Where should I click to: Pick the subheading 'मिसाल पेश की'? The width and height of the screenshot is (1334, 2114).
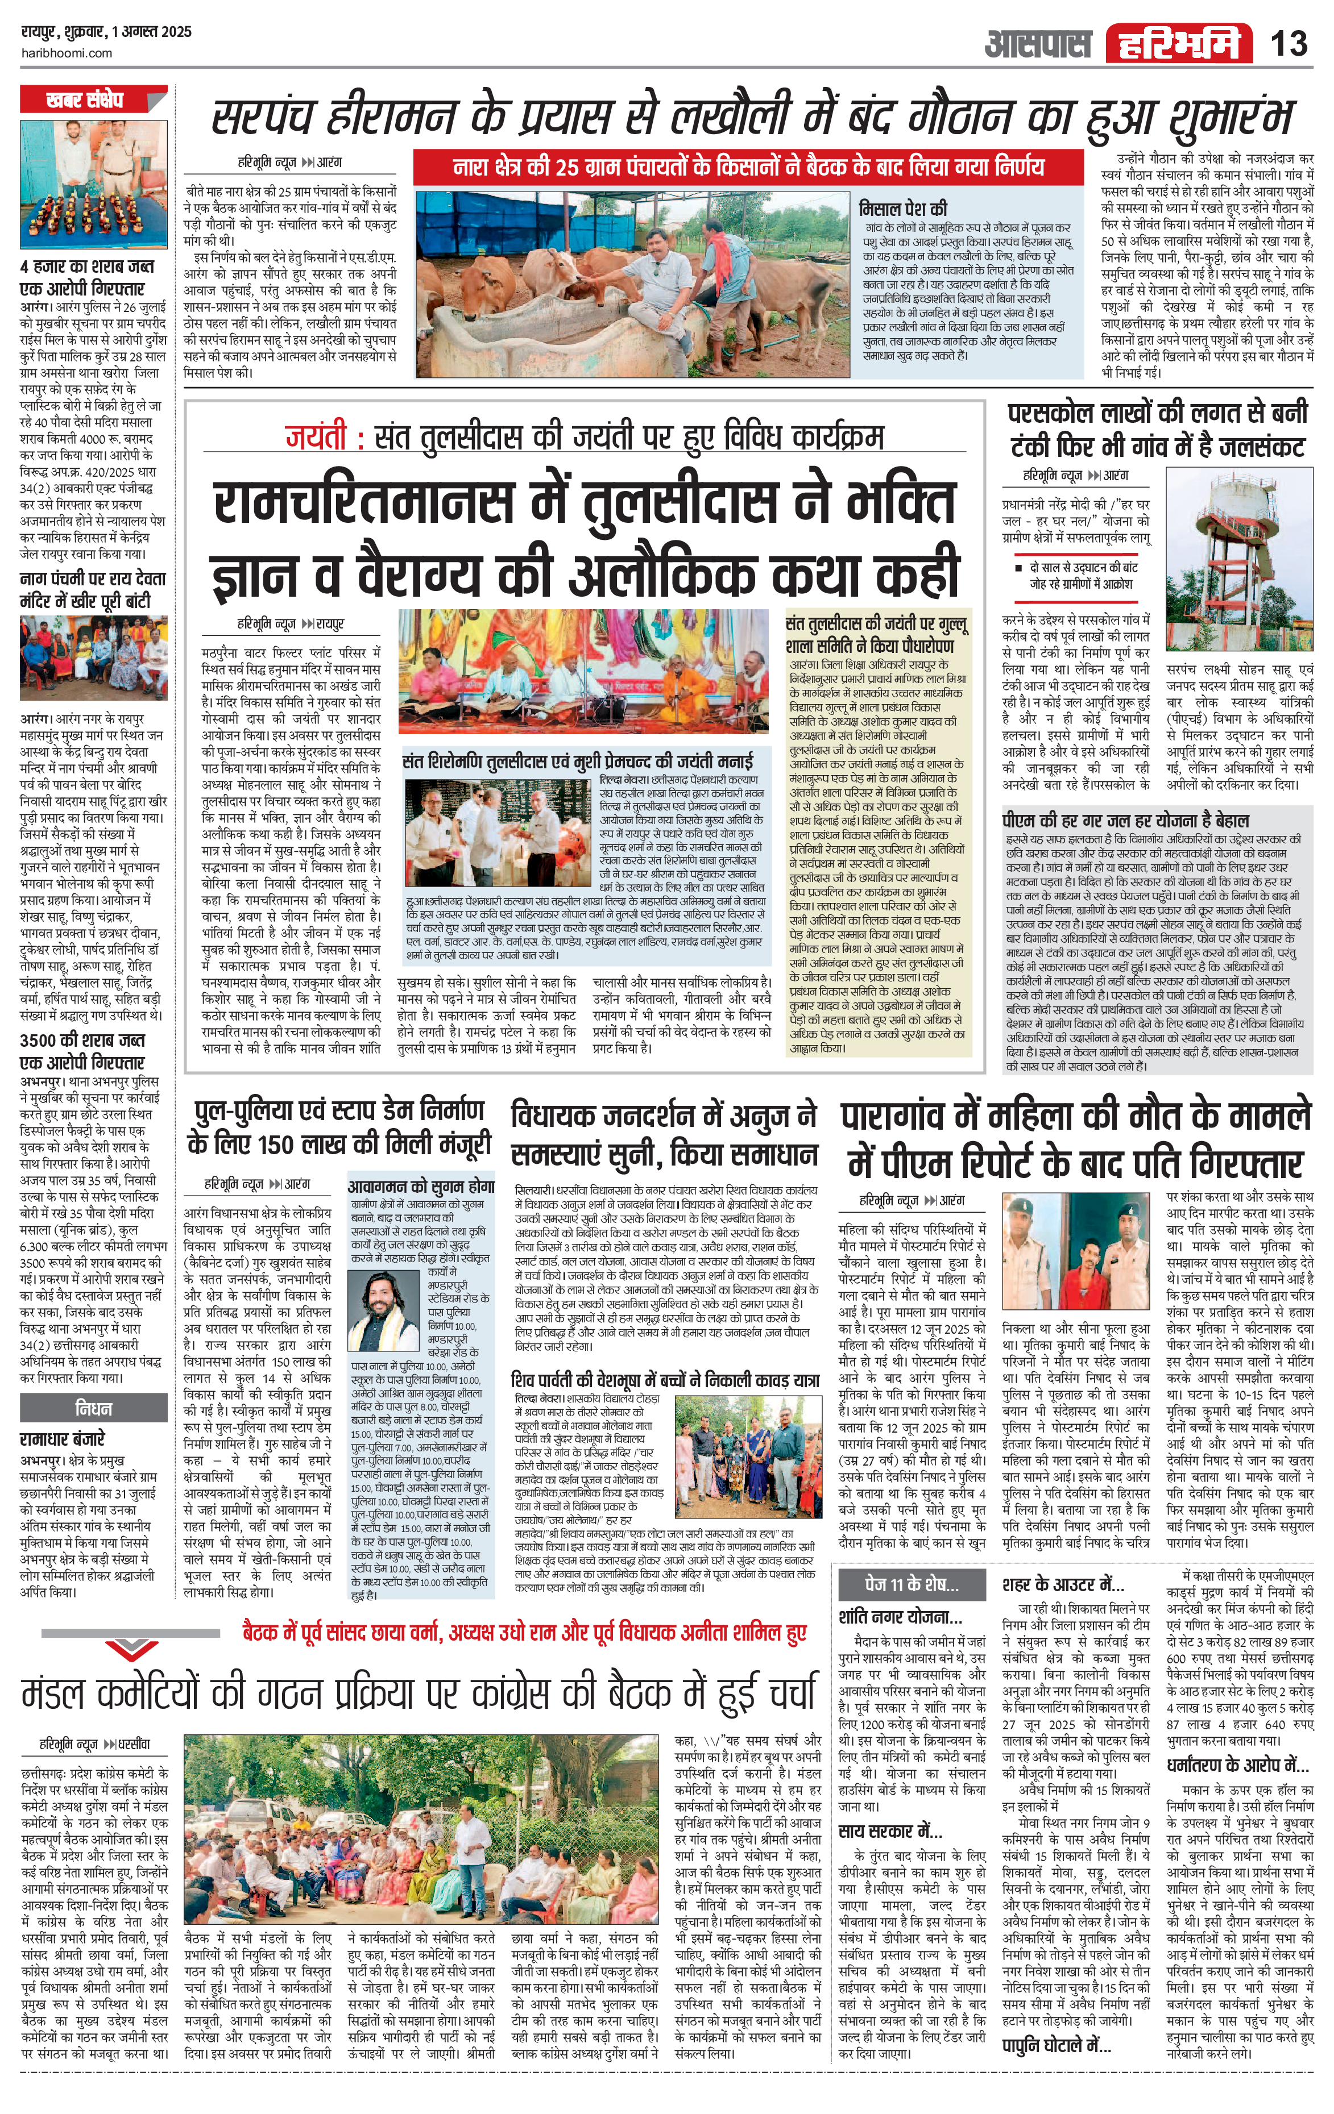tap(903, 209)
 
